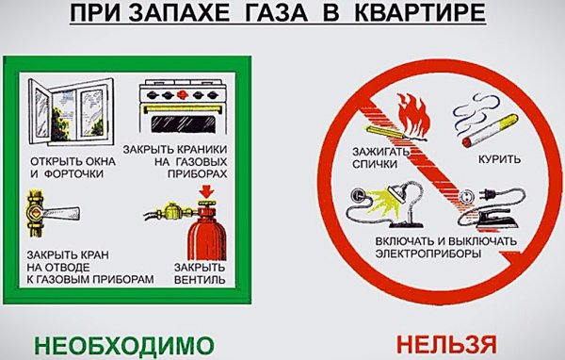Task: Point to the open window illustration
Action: coord(65,108)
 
